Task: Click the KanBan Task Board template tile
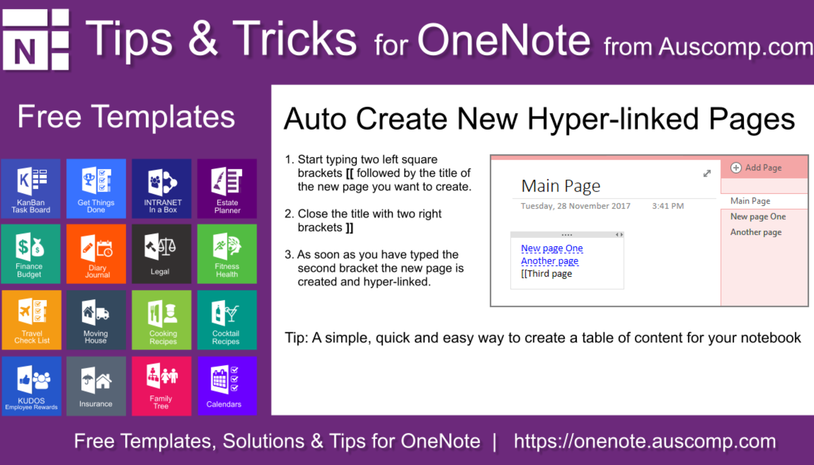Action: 31,189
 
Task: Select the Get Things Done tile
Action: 96,189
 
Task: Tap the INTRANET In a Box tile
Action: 162,189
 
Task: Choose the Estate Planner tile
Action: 227,189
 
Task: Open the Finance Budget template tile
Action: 31,254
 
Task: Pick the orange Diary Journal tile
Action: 96,254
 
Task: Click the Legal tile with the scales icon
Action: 162,254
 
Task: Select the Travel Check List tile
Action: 32,320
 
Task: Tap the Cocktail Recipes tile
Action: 227,320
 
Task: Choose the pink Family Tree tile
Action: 162,386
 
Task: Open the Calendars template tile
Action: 227,386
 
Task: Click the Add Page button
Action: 756,168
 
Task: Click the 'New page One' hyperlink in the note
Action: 552,248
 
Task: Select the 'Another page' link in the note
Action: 549,261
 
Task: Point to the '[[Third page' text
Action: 546,274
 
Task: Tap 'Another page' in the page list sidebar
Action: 756,232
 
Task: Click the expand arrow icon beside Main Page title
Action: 707,173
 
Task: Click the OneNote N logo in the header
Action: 36,40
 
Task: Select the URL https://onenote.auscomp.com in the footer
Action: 645,441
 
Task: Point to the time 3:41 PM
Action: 667,206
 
